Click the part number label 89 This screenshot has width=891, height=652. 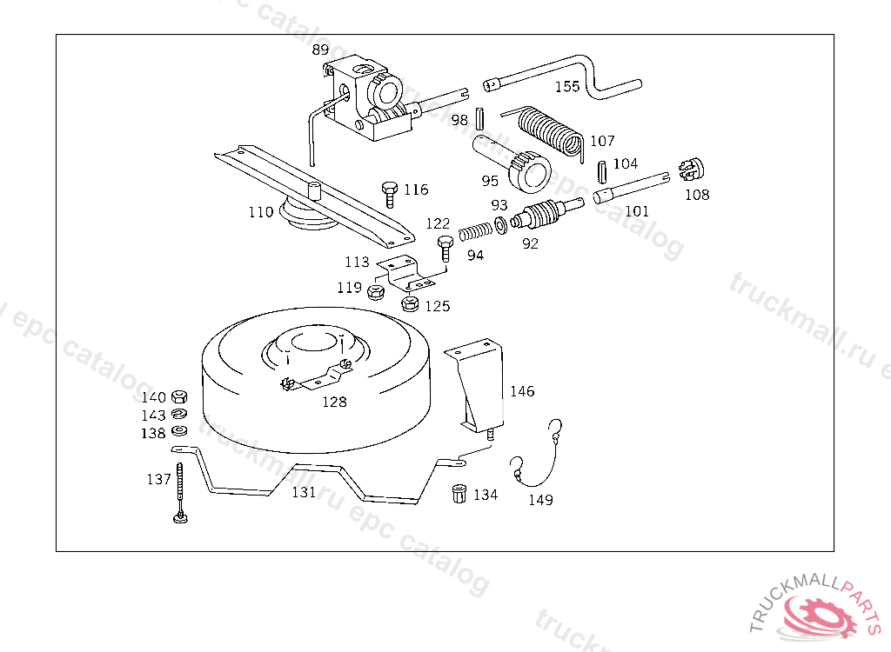320,50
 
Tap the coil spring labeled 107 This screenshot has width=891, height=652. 548,131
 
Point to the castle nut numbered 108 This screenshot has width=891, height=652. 691,168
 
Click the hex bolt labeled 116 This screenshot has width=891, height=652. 390,192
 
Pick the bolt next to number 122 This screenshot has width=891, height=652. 445,247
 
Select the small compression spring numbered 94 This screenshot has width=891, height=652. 475,232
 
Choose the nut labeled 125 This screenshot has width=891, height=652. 411,303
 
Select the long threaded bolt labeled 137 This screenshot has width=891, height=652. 180,491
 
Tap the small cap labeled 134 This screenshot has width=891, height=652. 459,494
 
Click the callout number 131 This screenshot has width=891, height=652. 304,492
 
